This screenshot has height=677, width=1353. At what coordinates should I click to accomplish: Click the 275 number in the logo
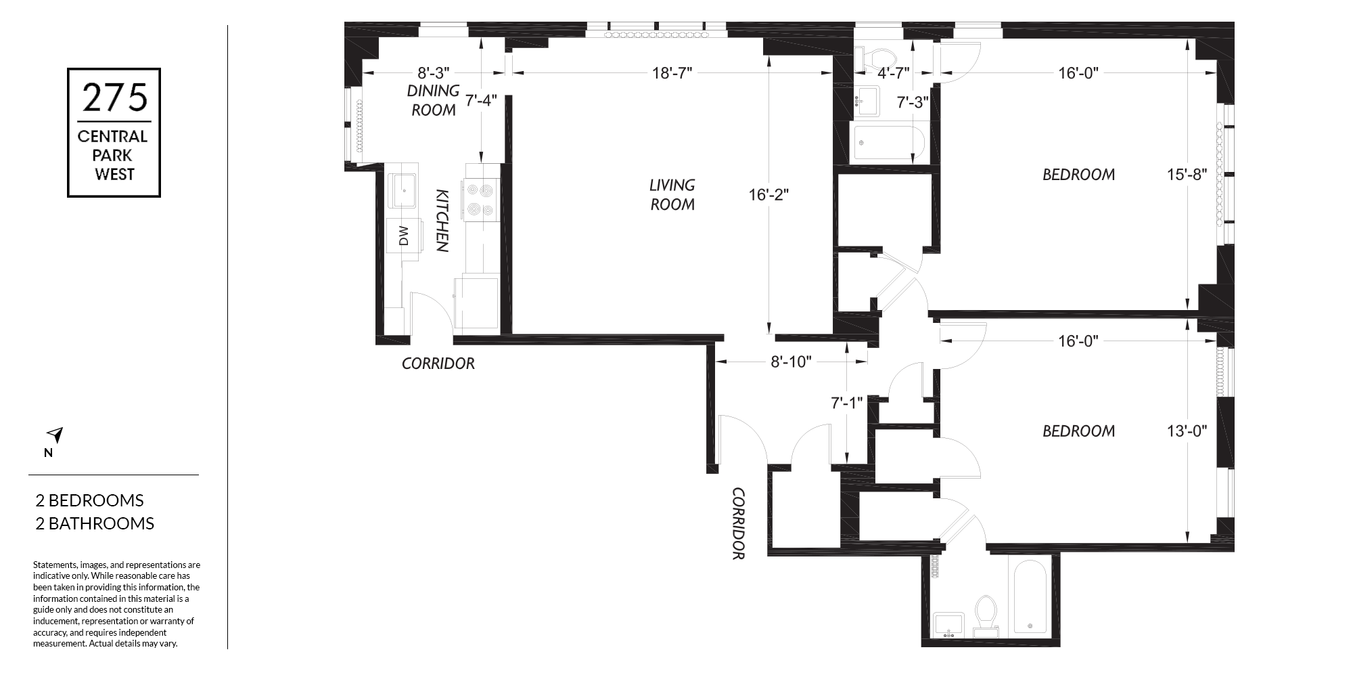coord(114,97)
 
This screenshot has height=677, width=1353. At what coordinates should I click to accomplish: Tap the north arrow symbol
coord(55,435)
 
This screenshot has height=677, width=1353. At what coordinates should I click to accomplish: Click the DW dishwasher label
coord(404,236)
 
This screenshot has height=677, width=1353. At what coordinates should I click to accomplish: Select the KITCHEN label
coord(442,221)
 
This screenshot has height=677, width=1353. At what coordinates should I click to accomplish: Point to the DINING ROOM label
coord(433,100)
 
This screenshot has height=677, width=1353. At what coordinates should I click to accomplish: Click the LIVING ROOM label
coord(672,194)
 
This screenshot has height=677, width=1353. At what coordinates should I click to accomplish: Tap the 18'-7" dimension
coord(672,73)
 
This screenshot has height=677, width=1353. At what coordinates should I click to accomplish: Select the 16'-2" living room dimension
coord(769,195)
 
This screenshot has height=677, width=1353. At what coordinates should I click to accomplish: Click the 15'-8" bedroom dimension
coord(1187,174)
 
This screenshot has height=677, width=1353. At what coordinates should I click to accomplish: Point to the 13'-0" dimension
coord(1187,431)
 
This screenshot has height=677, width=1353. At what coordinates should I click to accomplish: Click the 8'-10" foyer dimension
coord(791,362)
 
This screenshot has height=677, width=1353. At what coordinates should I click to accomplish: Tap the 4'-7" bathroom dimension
coord(893,73)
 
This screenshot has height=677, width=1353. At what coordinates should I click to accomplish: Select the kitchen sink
coord(404,191)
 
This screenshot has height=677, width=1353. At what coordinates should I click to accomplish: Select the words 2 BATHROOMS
coord(95,523)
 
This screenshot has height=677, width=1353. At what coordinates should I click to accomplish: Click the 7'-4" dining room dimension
coord(481,100)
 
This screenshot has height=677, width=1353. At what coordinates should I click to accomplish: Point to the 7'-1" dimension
coord(847,403)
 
